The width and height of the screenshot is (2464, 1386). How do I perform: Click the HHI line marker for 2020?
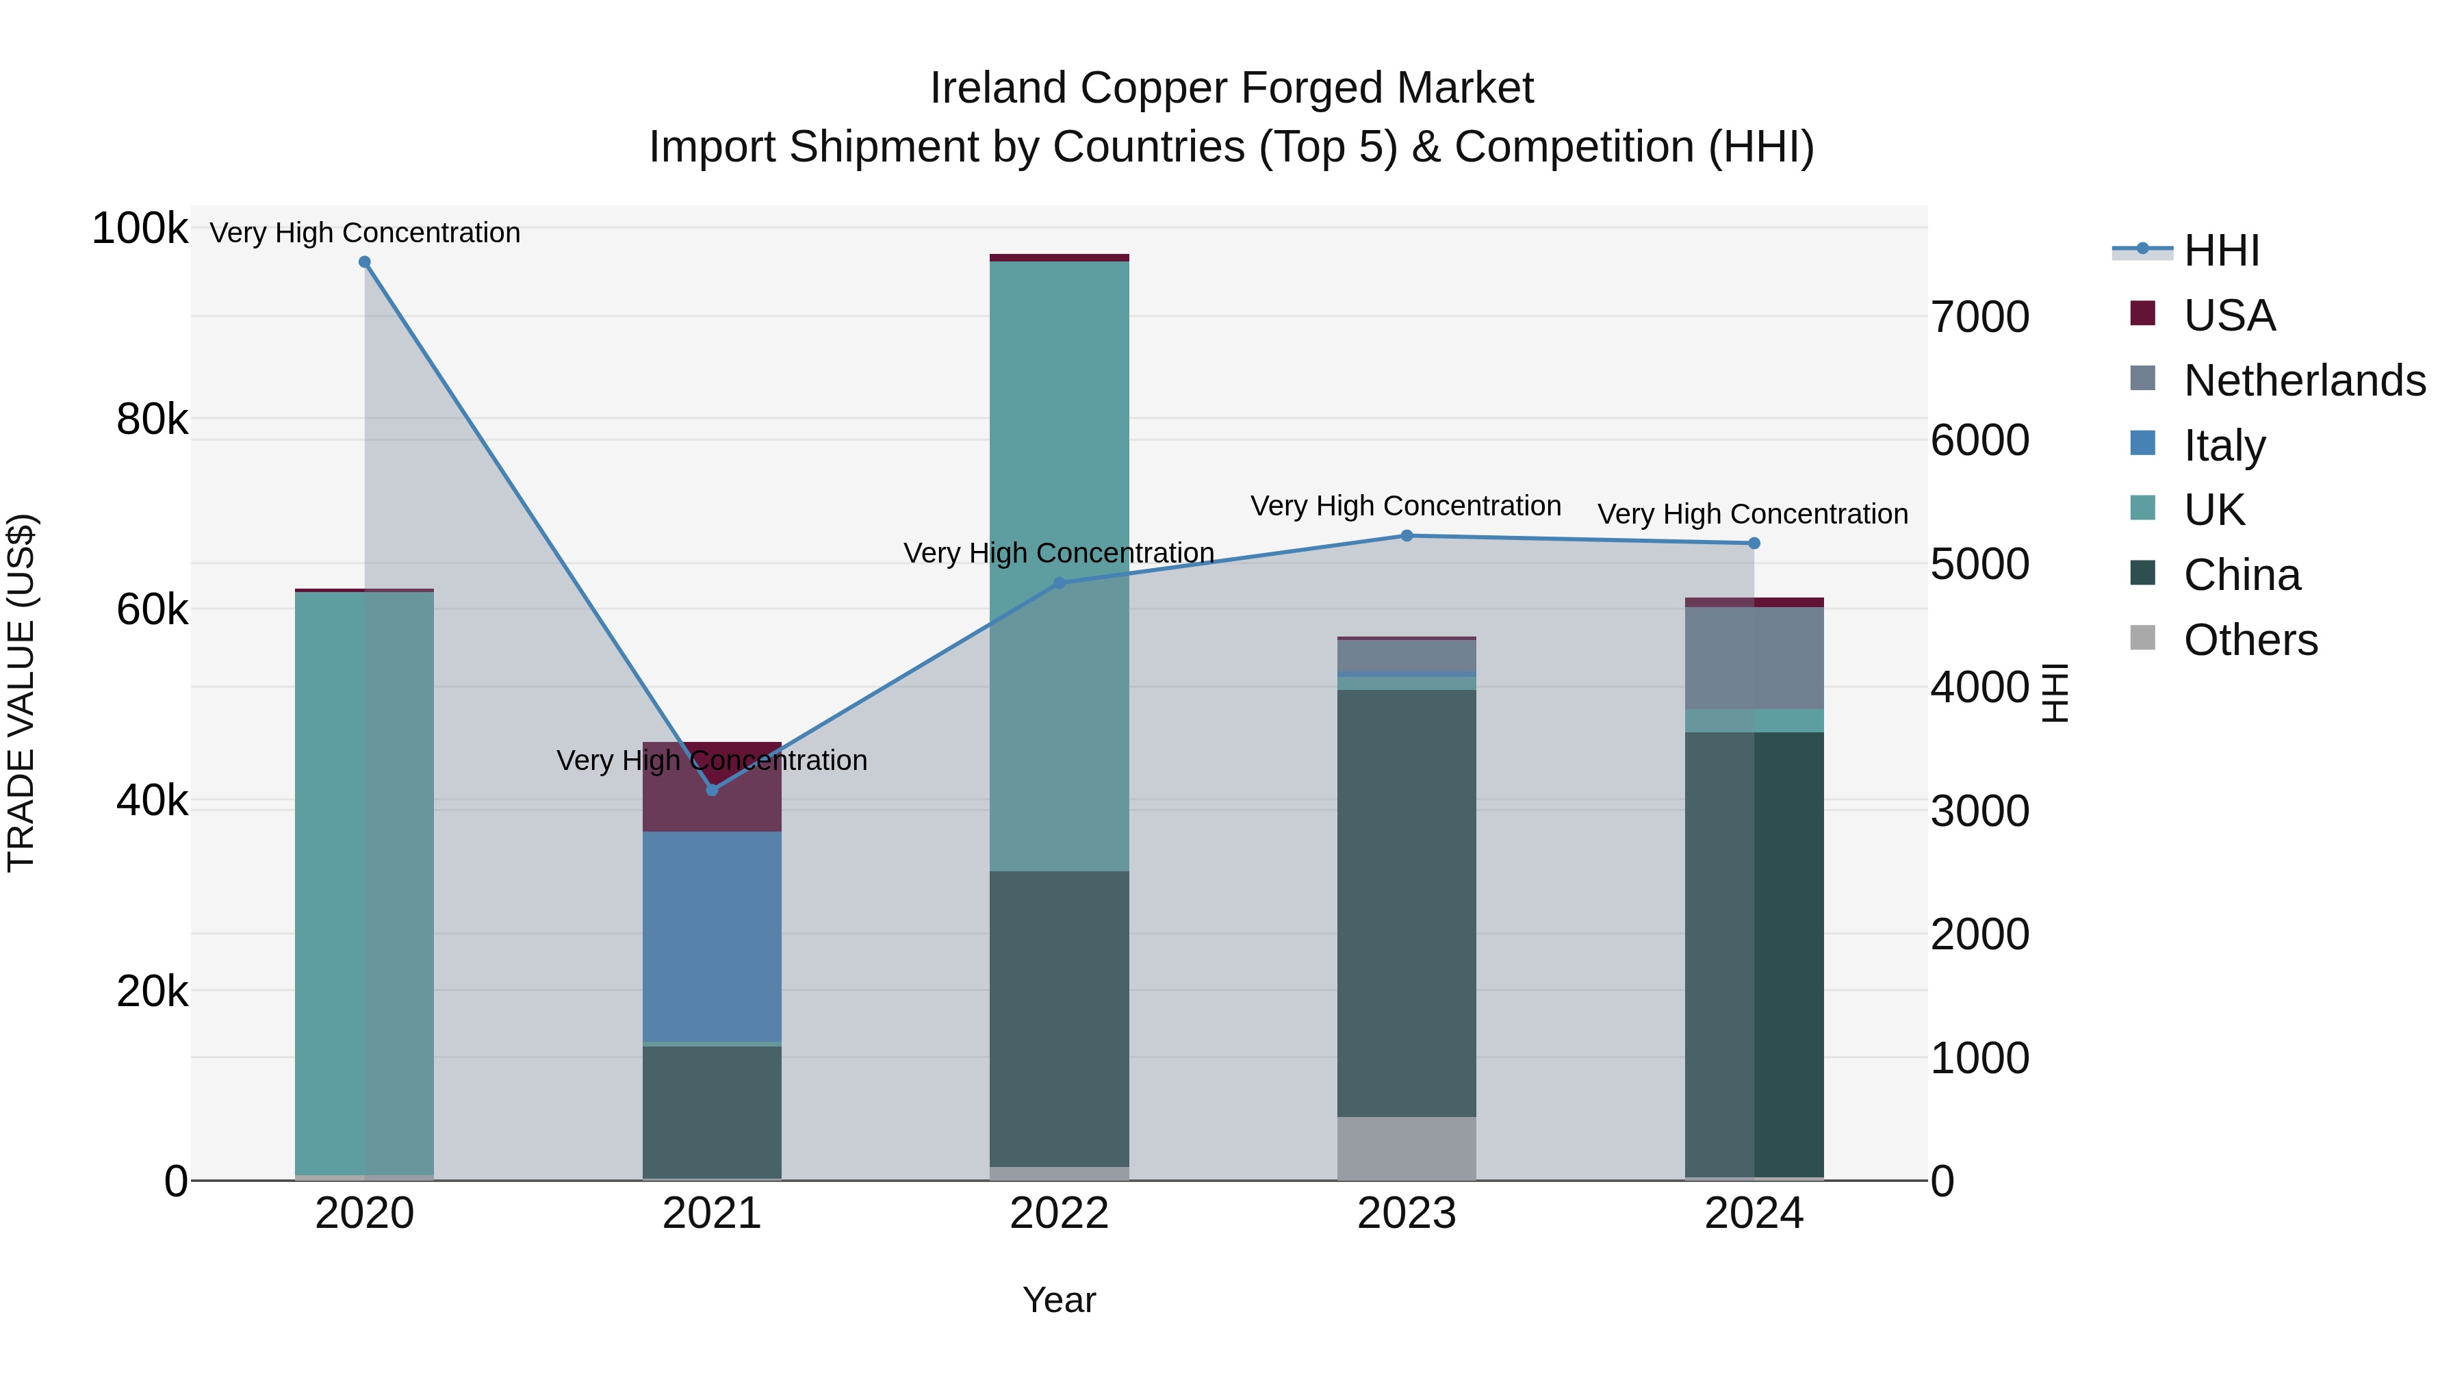coord(364,262)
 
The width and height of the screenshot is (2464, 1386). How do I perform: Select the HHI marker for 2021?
coord(712,790)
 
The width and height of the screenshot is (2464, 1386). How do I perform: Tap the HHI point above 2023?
coord(1406,536)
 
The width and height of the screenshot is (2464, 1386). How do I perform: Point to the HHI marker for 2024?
coord(1754,543)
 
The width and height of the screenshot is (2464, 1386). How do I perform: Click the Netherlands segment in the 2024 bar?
coord(1754,658)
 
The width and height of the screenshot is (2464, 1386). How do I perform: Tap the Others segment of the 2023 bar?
coord(1406,1147)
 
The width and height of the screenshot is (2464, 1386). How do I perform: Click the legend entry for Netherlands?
coord(2303,381)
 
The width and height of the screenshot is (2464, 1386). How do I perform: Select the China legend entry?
coord(2241,575)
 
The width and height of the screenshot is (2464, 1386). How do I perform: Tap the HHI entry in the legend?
coord(2221,251)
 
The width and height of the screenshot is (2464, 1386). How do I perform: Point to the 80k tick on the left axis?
coord(151,419)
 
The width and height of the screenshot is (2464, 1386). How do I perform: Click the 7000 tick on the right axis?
coord(1979,317)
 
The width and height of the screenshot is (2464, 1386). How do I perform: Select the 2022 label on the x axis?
coord(1059,1214)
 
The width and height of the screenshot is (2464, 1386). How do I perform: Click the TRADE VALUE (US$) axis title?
coord(21,693)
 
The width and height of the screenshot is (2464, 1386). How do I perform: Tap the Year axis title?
coord(1059,1300)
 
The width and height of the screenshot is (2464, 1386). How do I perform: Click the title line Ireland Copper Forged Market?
coord(1231,88)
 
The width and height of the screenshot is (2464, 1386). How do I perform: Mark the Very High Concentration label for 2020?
coord(364,233)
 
